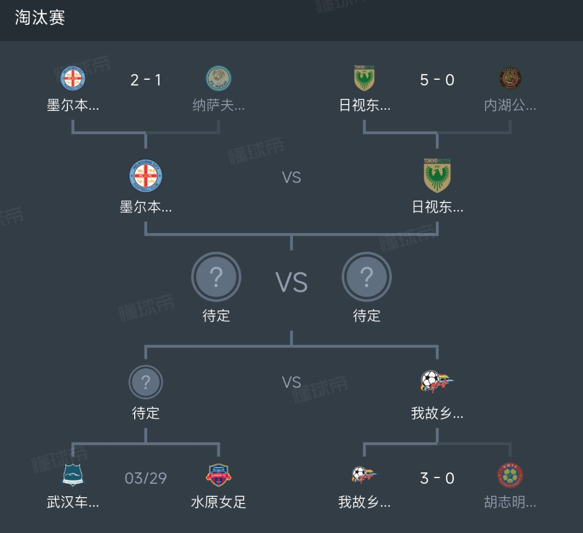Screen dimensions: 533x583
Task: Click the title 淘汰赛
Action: (40, 18)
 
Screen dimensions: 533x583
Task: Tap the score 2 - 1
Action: (146, 80)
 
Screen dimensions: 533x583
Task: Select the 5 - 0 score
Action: (437, 80)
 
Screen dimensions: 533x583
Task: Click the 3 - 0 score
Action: (437, 478)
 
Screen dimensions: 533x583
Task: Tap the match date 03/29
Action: (146, 478)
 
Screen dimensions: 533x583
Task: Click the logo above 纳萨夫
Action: (219, 79)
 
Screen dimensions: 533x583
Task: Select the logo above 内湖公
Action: (510, 79)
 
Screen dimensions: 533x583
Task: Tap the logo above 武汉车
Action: (73, 476)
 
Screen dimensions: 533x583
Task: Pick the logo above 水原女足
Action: (219, 476)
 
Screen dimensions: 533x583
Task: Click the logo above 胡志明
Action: (510, 476)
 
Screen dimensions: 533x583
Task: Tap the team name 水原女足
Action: (219, 502)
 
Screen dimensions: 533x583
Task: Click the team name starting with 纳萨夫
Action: (219, 106)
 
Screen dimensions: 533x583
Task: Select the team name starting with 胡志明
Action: (510, 502)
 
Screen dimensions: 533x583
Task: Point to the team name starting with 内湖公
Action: (510, 106)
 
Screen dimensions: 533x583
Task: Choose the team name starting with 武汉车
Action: (73, 502)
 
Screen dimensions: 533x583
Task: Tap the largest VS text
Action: (291, 283)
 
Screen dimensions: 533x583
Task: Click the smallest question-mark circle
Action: (146, 382)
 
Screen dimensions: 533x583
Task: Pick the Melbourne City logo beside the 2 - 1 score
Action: (73, 79)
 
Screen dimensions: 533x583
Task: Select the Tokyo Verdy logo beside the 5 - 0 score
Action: (364, 79)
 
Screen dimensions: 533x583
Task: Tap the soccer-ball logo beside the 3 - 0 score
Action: (364, 474)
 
